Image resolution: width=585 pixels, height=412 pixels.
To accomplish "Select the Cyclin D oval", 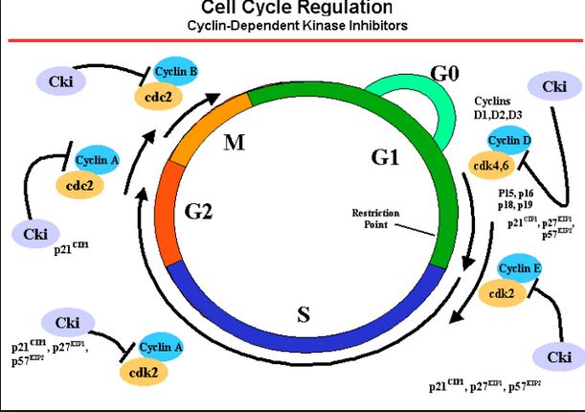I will [x=509, y=141].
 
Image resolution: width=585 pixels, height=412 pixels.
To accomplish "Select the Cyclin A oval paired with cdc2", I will [x=95, y=162].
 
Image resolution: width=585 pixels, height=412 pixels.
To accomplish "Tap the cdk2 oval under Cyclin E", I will [x=500, y=294].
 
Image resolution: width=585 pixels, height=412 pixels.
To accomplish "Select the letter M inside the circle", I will [x=235, y=144].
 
